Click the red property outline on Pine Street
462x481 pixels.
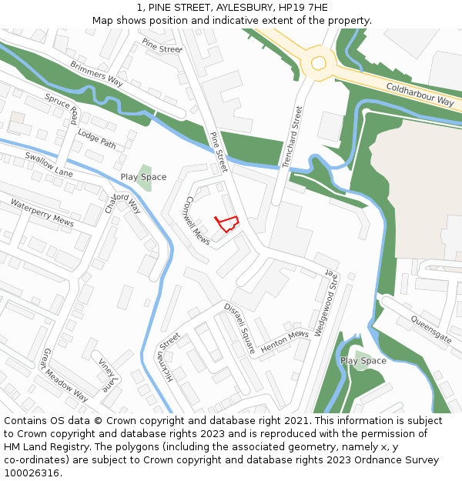pyautogui.click(x=226, y=223)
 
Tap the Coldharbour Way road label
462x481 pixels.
pyautogui.click(x=420, y=95)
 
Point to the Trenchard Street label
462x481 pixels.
pyautogui.click(x=293, y=137)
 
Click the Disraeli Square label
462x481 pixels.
pyautogui.click(x=239, y=328)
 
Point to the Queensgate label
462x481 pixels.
pyautogui.click(x=430, y=329)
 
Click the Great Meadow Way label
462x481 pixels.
pyautogui.click(x=65, y=375)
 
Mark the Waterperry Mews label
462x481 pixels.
pyautogui.click(x=42, y=212)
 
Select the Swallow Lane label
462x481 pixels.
pyautogui.click(x=49, y=164)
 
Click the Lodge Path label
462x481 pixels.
pyautogui.click(x=96, y=139)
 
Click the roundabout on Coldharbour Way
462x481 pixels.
pyautogui.click(x=318, y=62)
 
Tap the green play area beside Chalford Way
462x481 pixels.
pyautogui.click(x=144, y=178)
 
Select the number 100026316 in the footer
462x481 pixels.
pyautogui.click(x=32, y=473)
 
